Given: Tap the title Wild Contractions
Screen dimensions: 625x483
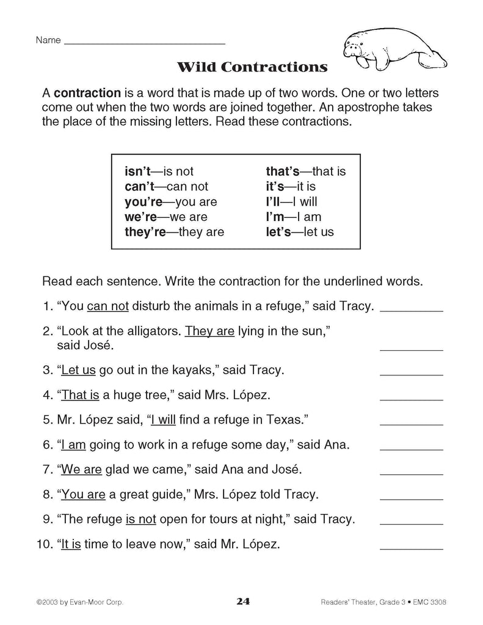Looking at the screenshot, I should (x=252, y=67).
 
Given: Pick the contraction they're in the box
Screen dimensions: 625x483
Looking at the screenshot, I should (x=145, y=232).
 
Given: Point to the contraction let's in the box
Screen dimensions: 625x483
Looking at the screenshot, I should (x=280, y=232).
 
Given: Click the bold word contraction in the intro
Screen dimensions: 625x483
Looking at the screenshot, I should (x=87, y=93).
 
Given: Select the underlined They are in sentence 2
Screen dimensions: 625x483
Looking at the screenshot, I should (x=209, y=331).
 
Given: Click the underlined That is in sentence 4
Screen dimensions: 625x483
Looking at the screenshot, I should (x=80, y=395).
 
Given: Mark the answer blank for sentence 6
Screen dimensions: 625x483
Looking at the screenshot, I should (x=411, y=449).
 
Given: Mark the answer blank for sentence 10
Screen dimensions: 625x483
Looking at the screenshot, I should (x=411, y=549).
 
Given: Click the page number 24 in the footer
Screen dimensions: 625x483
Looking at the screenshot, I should (x=242, y=602).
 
